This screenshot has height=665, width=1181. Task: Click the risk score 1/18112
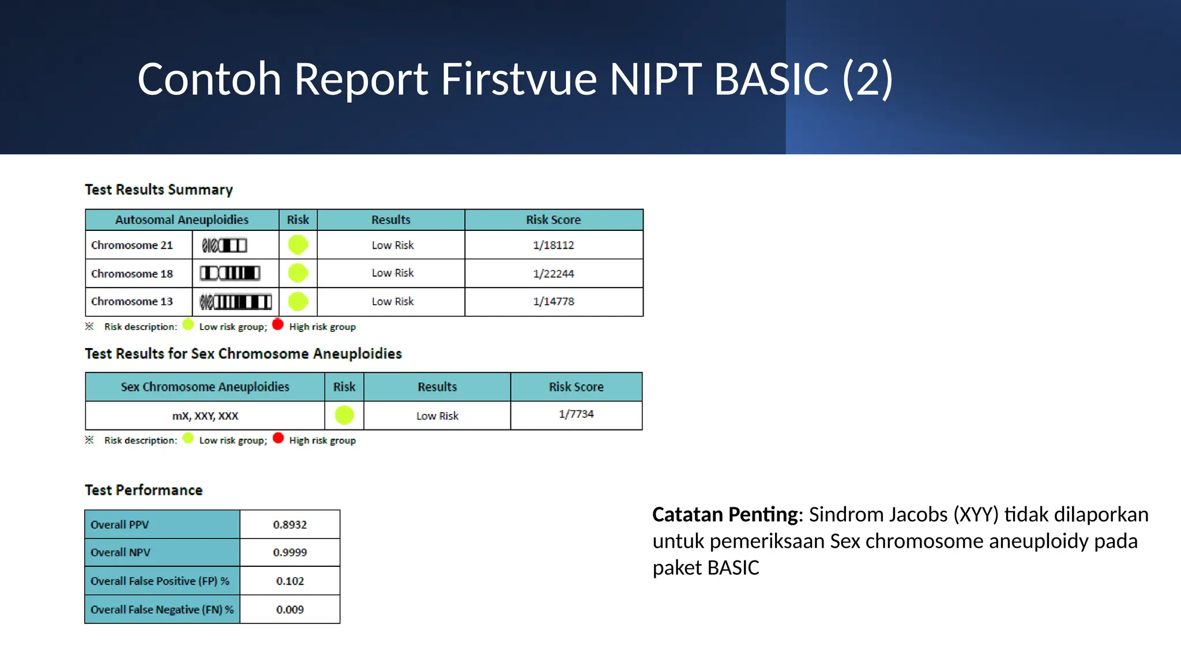click(553, 245)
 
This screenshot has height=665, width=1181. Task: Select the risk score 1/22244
click(553, 274)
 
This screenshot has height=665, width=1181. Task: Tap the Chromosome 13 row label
click(132, 301)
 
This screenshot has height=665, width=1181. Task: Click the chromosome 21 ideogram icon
click(224, 245)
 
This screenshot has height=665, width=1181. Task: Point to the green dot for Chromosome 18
click(298, 273)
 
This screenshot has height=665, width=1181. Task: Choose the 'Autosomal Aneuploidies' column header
click(182, 220)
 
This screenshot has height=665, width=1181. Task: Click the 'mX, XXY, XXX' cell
click(205, 416)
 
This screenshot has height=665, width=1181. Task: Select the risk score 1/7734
click(576, 414)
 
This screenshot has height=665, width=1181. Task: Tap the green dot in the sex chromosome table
click(344, 415)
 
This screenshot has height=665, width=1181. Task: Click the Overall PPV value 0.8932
click(289, 525)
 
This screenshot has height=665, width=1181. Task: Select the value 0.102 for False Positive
click(289, 581)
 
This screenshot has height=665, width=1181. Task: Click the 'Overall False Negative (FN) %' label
click(162, 610)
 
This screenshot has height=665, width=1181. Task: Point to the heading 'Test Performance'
click(144, 490)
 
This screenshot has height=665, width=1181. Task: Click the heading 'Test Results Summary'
click(159, 189)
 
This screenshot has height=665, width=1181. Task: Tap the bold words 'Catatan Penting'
click(724, 514)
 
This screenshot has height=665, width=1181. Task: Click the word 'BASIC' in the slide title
click(771, 79)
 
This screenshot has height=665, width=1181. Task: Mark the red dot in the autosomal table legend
click(278, 324)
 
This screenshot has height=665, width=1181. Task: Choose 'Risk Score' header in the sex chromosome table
click(576, 387)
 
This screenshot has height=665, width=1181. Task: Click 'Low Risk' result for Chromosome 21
click(392, 245)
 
